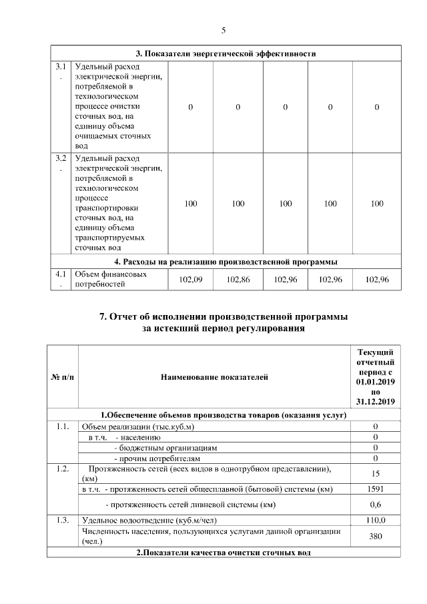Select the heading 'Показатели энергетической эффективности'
(x=226, y=53)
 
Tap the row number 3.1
(x=61, y=67)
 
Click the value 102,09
(x=190, y=280)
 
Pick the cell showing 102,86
(x=238, y=280)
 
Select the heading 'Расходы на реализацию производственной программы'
(x=226, y=261)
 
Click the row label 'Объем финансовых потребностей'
(x=110, y=280)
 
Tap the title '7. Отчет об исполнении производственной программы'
(x=224, y=316)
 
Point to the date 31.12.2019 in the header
(x=376, y=401)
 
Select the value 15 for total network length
(x=376, y=473)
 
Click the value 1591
(x=376, y=489)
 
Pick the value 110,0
(x=376, y=519)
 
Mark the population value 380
(x=376, y=536)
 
